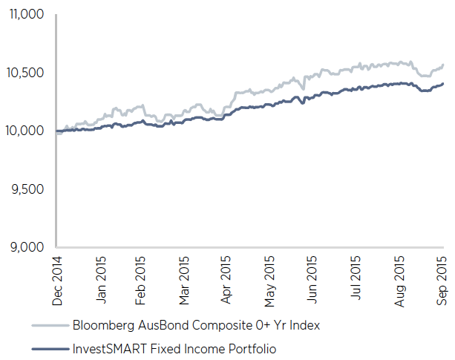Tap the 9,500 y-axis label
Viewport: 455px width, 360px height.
[x=27, y=189]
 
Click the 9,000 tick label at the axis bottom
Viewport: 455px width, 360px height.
[x=27, y=247]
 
